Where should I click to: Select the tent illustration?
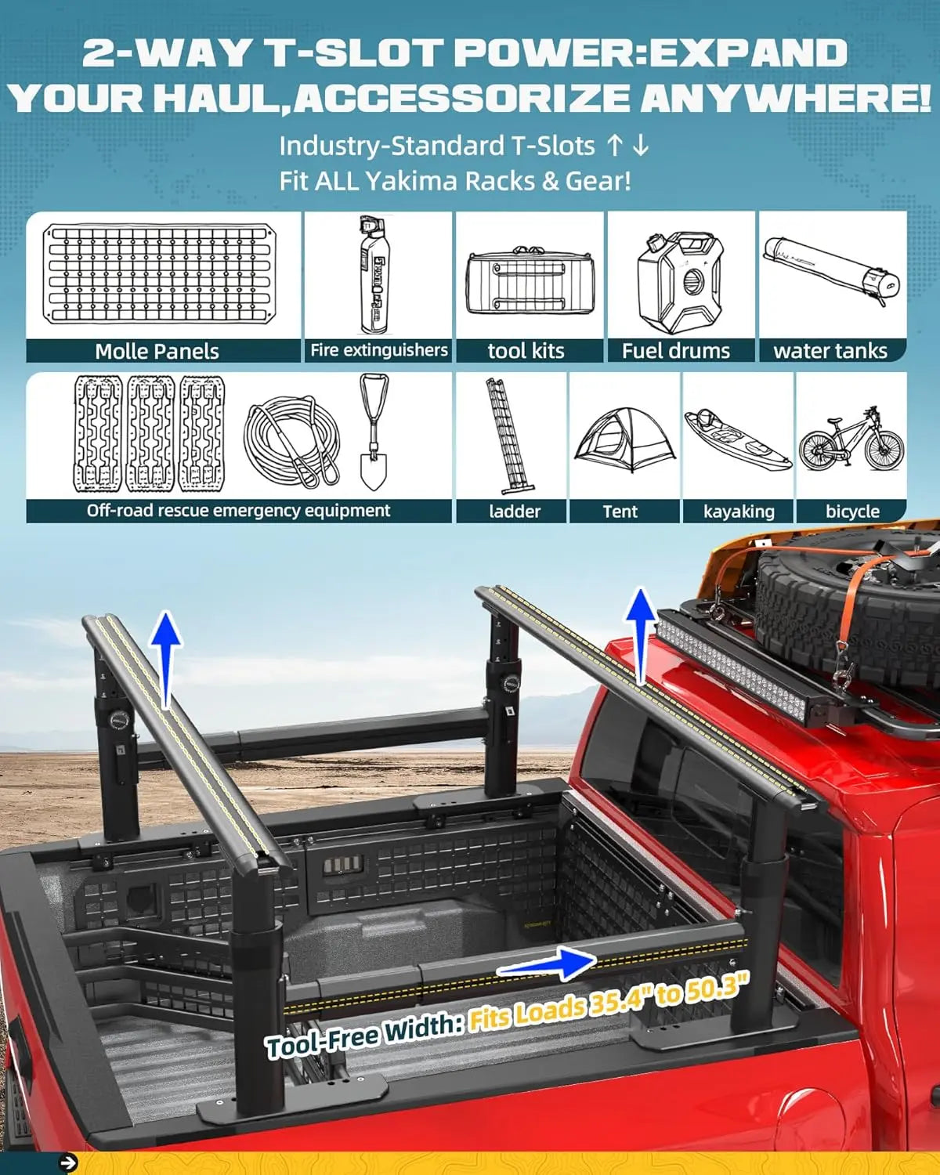[624, 440]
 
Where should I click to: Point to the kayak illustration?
[737, 439]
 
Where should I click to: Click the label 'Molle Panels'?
[157, 351]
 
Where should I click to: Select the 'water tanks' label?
[830, 351]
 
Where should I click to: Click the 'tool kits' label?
[526, 351]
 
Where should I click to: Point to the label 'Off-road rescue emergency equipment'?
[238, 511]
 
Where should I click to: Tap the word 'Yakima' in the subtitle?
[410, 181]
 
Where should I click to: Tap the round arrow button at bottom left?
[69, 1163]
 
